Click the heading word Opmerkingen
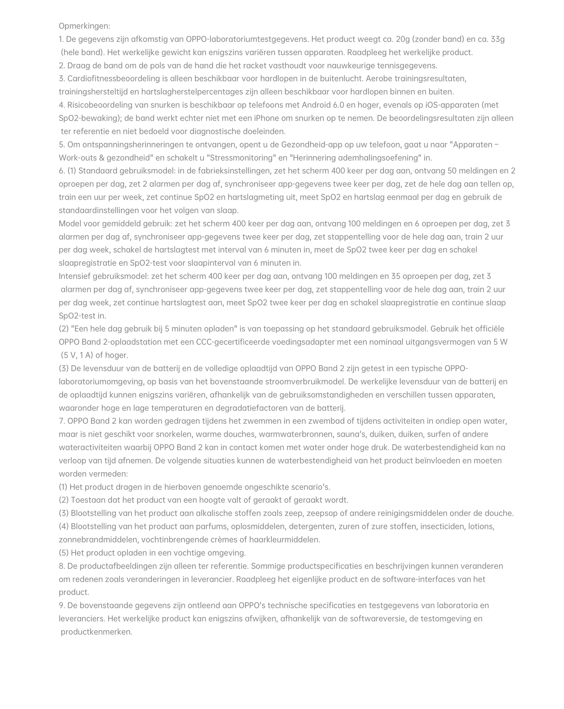pyautogui.click(x=84, y=26)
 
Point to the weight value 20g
pyautogui.click(x=402, y=39)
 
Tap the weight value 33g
pyautogui.click(x=498, y=39)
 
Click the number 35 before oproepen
pyautogui.click(x=395, y=276)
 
